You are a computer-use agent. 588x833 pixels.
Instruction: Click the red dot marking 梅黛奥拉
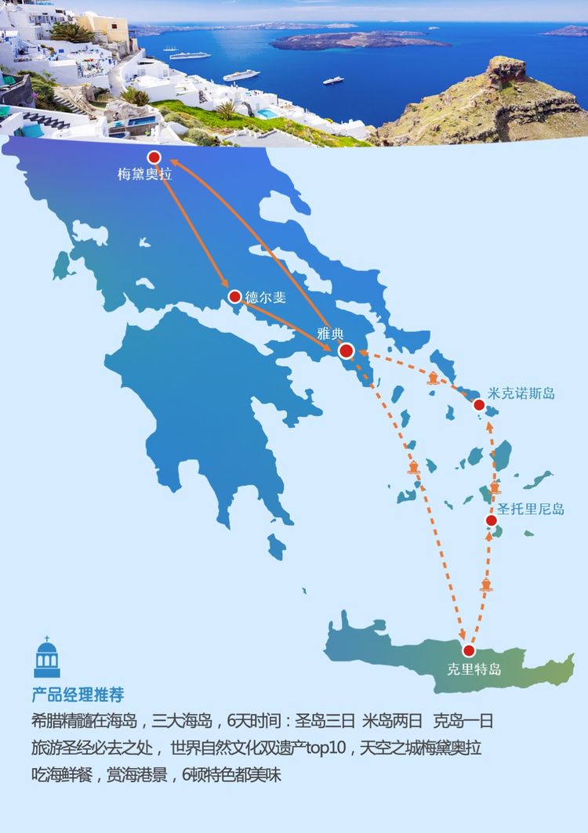pos(154,157)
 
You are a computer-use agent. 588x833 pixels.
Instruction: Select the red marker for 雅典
pos(346,350)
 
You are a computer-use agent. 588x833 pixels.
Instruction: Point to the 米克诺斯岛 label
pos(521,393)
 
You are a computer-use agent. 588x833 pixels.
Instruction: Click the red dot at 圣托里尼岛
pos(492,520)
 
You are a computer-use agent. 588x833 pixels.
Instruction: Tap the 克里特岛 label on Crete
pos(474,670)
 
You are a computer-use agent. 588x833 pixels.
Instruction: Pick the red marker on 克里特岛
pos(469,650)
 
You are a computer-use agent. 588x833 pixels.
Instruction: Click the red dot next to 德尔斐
pos(234,296)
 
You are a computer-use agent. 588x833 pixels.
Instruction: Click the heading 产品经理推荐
pos(78,695)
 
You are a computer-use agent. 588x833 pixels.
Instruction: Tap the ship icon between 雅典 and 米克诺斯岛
pos(433,379)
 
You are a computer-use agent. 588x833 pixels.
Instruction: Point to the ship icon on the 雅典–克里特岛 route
pos(414,468)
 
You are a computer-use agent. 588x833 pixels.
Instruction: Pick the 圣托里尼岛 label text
pos(531,509)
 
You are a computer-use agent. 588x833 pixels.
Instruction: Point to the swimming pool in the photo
pos(267,114)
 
